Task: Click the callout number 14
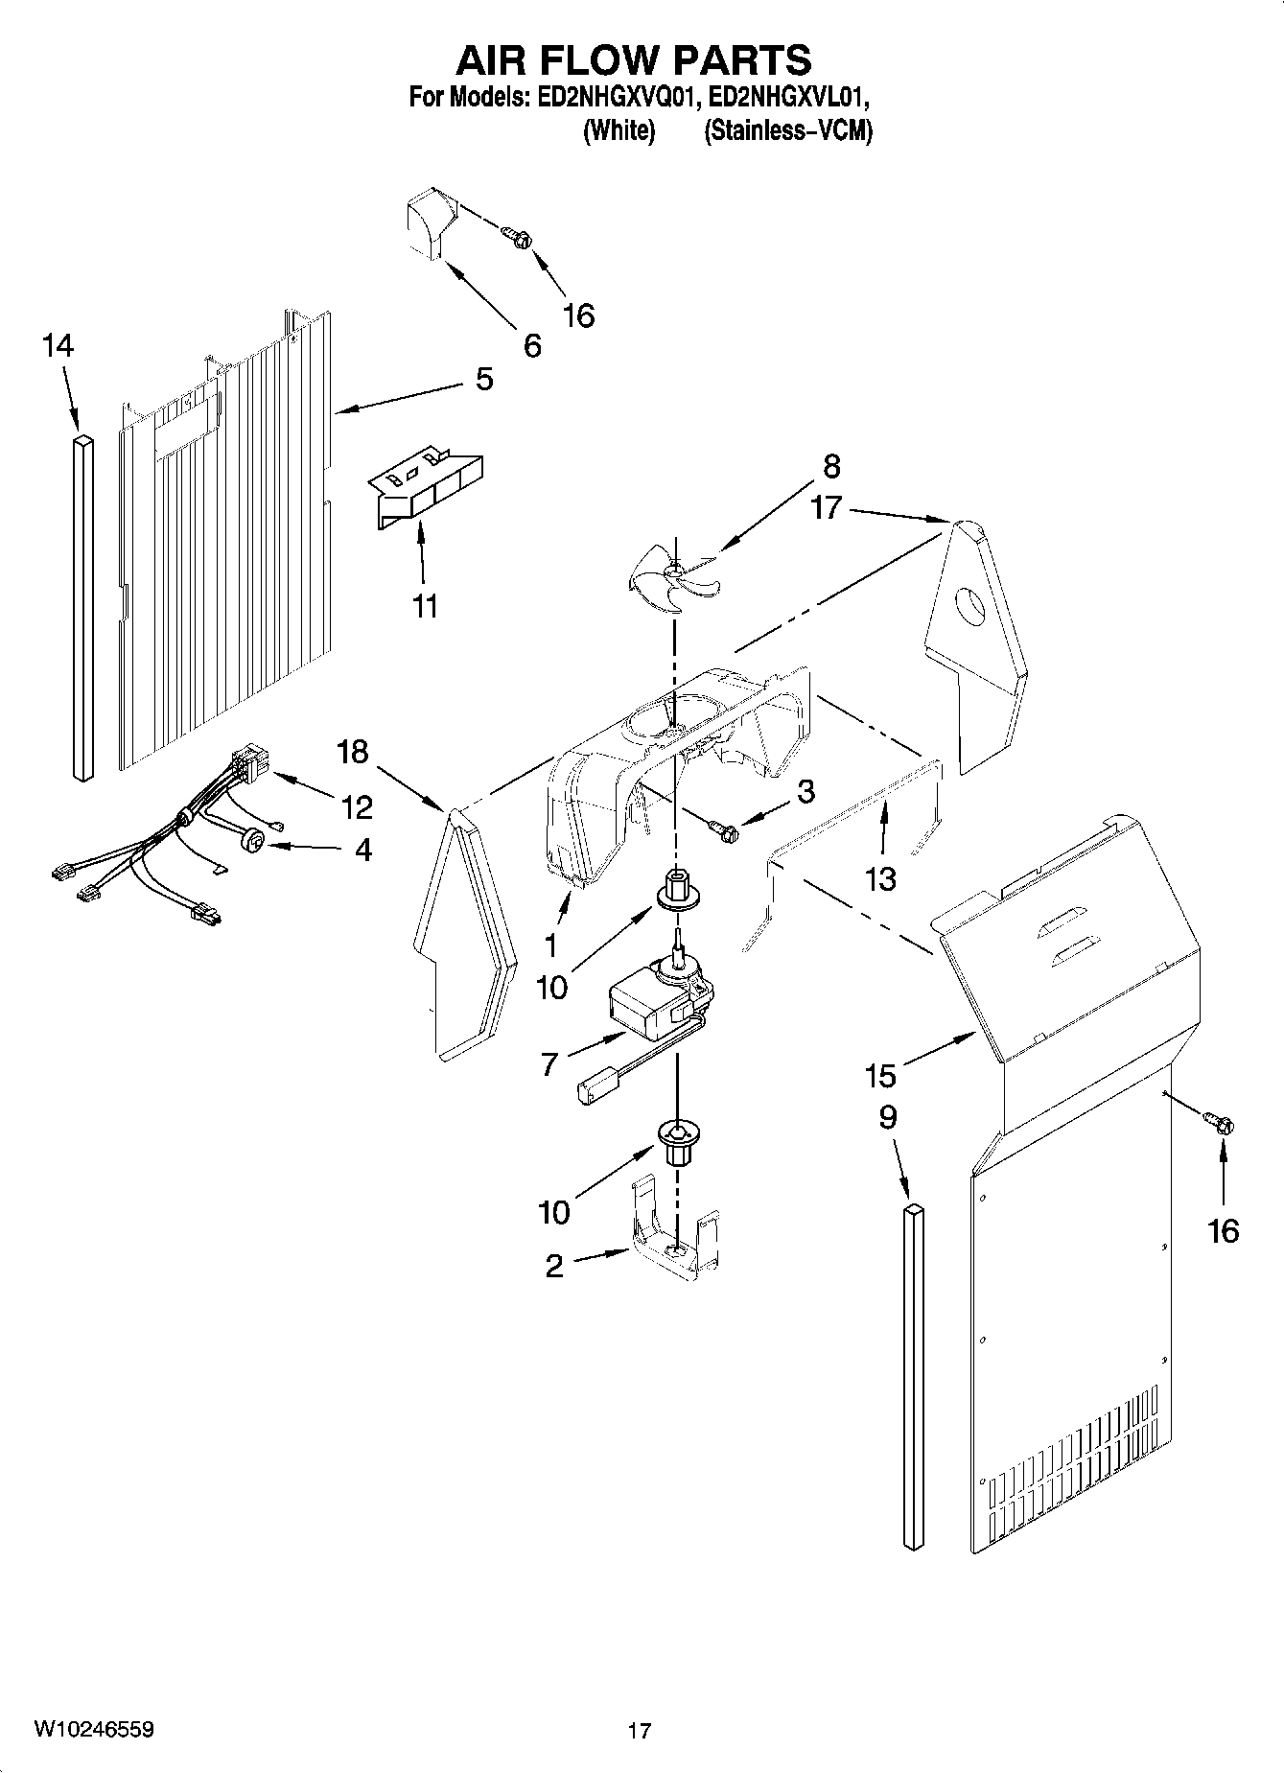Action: (x=58, y=346)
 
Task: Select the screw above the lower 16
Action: (x=1219, y=1121)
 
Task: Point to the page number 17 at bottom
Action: (x=640, y=1731)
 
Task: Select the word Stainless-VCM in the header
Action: (x=787, y=131)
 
